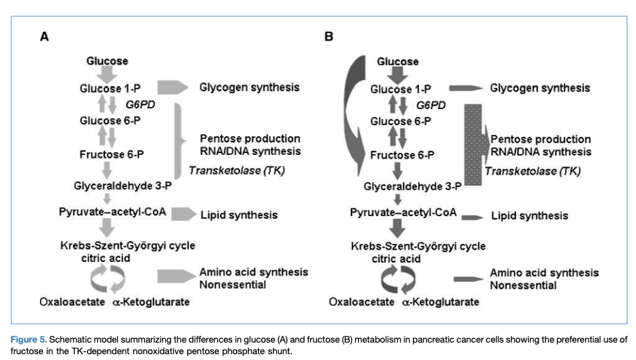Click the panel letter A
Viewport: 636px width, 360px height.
tap(45, 37)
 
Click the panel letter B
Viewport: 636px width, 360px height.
tap(329, 37)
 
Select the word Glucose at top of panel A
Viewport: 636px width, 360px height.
tap(108, 61)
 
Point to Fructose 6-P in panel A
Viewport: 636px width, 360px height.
tap(112, 154)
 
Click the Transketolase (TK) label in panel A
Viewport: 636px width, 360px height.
tap(236, 170)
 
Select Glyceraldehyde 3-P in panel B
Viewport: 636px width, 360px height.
tap(412, 186)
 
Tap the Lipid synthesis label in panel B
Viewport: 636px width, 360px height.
tap(530, 215)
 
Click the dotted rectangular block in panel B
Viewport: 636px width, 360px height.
tap(474, 146)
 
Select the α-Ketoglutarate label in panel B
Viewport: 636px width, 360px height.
tap(441, 302)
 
